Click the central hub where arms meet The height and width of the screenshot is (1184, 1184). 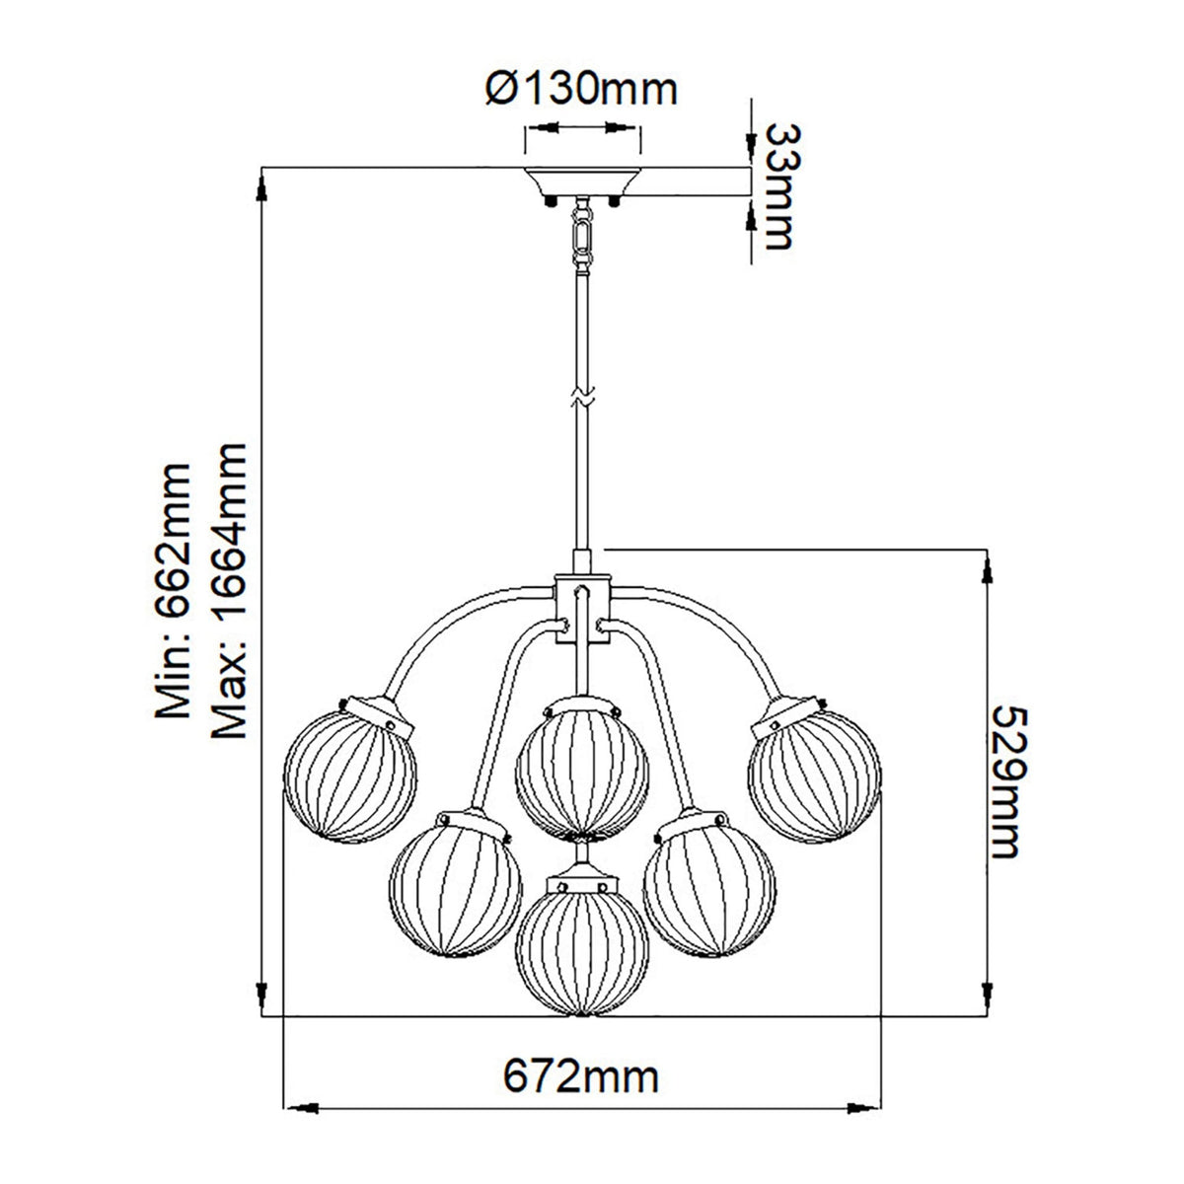[582, 601]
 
